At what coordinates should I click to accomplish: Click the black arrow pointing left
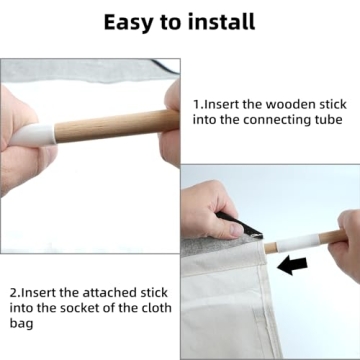pyautogui.click(x=292, y=266)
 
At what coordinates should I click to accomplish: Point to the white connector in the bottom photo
pyautogui.click(x=298, y=243)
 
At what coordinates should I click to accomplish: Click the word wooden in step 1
pyautogui.click(x=287, y=104)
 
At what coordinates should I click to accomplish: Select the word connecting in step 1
pyautogui.click(x=277, y=121)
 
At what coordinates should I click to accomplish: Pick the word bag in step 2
pyautogui.click(x=21, y=324)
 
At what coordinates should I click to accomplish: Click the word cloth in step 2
pyautogui.click(x=155, y=307)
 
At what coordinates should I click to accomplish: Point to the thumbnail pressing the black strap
pyautogui.click(x=236, y=229)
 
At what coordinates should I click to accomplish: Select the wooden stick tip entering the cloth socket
pyautogui.click(x=270, y=248)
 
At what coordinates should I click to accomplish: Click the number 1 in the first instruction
pyautogui.click(x=196, y=104)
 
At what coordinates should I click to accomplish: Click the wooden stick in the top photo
pyautogui.click(x=117, y=125)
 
